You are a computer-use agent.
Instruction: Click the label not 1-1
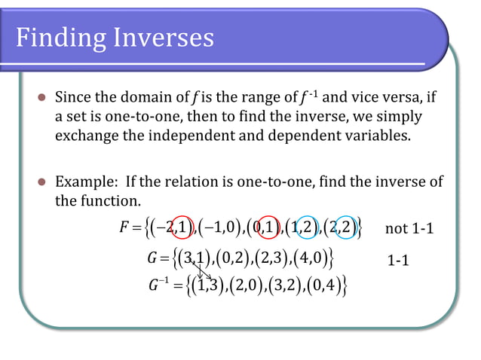coord(409,228)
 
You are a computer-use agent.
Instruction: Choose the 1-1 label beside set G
coord(397,261)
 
